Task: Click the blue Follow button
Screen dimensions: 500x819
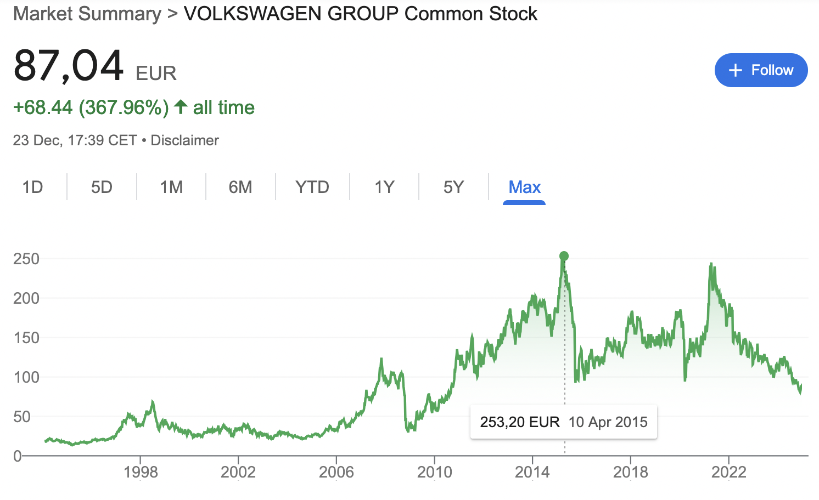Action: click(761, 70)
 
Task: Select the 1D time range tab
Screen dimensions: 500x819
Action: click(33, 187)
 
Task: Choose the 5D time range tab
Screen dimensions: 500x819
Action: click(102, 187)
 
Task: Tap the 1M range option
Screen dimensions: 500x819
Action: click(171, 187)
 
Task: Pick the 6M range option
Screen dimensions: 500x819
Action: click(240, 187)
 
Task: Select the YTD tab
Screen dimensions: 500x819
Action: click(312, 187)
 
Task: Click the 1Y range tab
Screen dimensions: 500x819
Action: click(384, 187)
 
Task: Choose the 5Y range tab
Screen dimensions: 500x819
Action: click(453, 187)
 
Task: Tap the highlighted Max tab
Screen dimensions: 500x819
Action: click(524, 187)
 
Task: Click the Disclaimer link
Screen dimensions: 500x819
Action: click(184, 140)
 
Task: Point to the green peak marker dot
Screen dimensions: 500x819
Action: click(564, 256)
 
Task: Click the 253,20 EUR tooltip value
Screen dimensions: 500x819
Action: click(519, 422)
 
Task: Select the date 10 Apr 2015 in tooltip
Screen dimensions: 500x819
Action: click(608, 422)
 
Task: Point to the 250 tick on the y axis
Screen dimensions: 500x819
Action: click(26, 259)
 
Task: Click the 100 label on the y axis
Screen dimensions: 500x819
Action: click(26, 377)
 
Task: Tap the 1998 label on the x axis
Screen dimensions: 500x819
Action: click(141, 472)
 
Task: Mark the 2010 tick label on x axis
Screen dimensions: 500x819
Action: click(434, 472)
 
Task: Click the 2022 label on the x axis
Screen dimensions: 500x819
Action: click(728, 472)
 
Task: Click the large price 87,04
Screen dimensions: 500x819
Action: click(69, 66)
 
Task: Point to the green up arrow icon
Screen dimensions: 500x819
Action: click(181, 107)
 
